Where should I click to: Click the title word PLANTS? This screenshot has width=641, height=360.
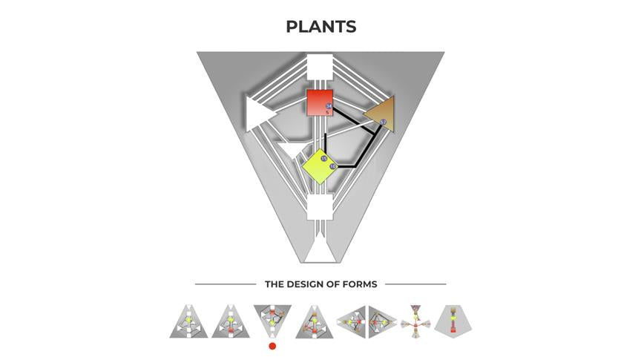coord(320,27)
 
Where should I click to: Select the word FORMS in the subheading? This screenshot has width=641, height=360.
coord(359,284)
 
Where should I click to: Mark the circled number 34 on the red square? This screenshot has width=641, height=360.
coord(329,107)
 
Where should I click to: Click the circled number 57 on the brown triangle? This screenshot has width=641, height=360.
coord(383,122)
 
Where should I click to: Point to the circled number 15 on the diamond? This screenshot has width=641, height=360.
coord(324,159)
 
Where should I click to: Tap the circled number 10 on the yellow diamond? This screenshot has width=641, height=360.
coord(333,166)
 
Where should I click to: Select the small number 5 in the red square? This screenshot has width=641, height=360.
coord(328,113)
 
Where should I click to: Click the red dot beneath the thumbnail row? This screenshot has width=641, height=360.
coord(273,346)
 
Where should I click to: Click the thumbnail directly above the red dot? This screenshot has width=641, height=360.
coord(273,319)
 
